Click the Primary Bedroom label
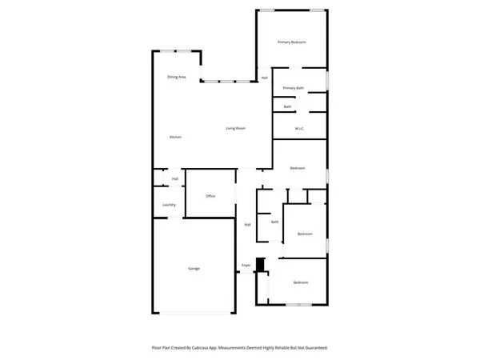[292, 42]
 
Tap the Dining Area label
[177, 77]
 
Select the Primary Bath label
[293, 87]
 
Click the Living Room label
[234, 128]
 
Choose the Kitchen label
[175, 138]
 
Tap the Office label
[210, 196]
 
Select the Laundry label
[169, 205]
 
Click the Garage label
[194, 268]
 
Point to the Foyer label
[246, 266]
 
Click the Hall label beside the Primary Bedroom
[265, 78]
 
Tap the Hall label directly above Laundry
[174, 178]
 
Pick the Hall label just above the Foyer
[247, 225]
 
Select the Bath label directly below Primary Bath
[287, 106]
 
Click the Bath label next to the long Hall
[274, 222]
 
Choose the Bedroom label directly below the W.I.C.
[298, 168]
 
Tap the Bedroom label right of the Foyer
[300, 283]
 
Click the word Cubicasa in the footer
[220, 348]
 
